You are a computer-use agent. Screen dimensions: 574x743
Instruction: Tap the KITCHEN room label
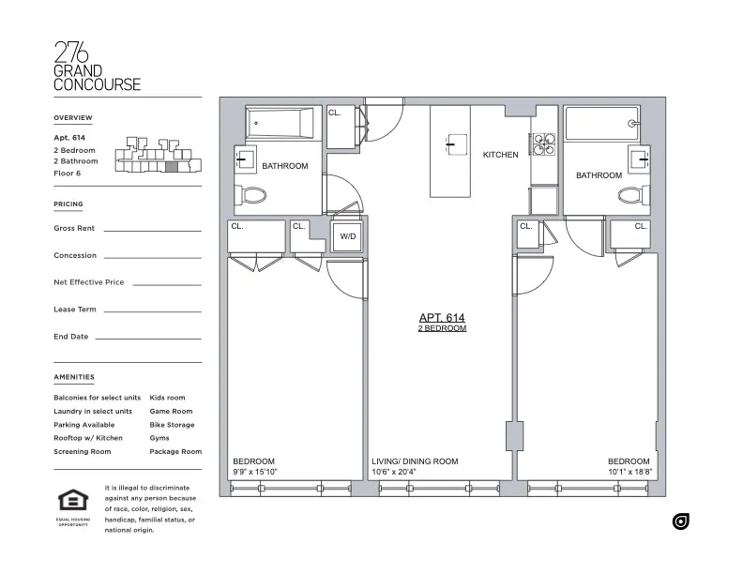point(500,155)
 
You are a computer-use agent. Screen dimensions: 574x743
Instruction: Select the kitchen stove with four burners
point(544,143)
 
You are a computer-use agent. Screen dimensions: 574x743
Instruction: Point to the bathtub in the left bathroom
point(280,123)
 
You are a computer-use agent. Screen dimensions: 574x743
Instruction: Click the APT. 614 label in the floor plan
point(442,318)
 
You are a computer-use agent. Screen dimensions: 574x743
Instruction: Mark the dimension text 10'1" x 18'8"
point(629,473)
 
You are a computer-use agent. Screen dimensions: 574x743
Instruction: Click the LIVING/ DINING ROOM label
point(414,461)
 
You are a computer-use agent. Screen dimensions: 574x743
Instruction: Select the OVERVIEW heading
point(73,117)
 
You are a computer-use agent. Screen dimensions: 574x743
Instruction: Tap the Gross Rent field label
point(73,228)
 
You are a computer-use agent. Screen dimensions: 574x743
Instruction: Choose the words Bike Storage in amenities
point(172,425)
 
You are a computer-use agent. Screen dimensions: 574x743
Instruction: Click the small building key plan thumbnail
point(158,156)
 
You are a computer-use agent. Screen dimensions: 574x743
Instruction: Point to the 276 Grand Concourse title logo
point(97,66)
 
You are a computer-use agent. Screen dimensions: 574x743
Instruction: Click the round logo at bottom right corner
point(681,521)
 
